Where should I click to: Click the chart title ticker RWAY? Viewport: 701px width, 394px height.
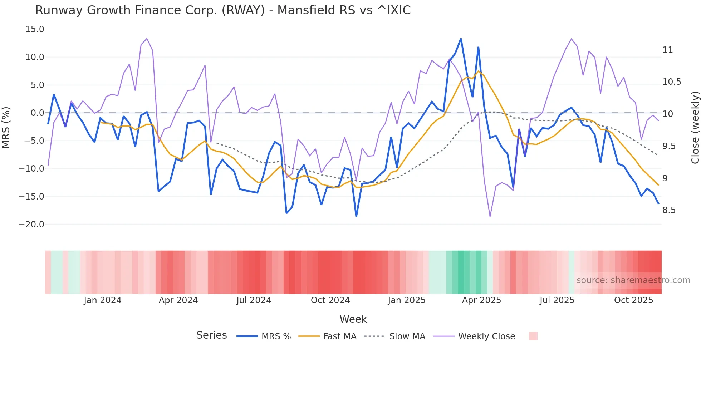point(243,10)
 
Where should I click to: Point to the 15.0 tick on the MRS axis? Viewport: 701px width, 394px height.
point(35,29)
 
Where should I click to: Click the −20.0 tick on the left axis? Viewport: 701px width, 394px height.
point(31,225)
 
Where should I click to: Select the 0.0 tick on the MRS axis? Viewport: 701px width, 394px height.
point(37,113)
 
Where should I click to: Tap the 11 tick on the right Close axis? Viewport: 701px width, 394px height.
point(667,50)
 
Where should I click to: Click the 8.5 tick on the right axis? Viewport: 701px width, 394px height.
point(669,210)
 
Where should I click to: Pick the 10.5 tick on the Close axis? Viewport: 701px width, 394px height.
point(672,82)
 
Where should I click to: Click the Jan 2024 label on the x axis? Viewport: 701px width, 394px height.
point(103,300)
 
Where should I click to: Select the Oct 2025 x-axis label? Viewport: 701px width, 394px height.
point(633,300)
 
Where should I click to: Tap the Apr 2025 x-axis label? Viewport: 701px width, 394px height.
point(481,300)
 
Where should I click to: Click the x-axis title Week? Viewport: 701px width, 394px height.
point(353,319)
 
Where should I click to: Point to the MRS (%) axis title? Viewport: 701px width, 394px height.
point(6,127)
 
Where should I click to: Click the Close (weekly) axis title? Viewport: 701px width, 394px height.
point(695,127)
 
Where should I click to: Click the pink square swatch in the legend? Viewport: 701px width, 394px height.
point(533,336)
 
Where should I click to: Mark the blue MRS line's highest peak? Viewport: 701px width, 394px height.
point(461,39)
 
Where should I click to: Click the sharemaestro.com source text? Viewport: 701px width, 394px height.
point(633,280)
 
